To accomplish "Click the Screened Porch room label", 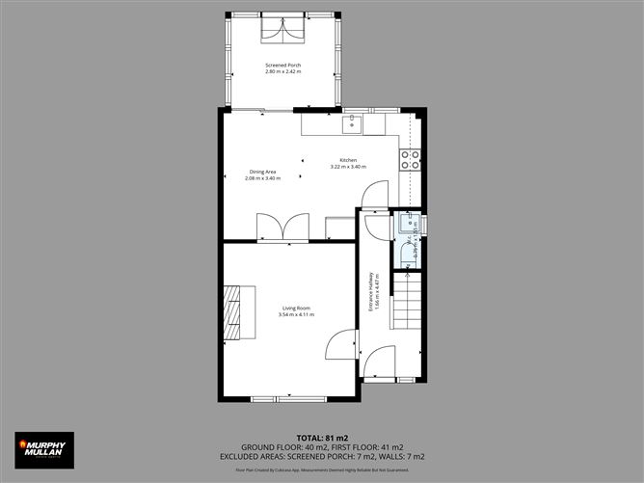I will (283, 66).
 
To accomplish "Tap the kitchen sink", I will (353, 123).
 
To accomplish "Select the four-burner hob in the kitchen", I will (411, 158).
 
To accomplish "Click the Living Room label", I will (296, 309).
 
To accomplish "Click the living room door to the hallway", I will (340, 345).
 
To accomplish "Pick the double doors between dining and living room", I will (282, 228).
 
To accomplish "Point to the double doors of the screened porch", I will (282, 30).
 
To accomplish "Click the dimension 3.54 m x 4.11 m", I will (296, 315).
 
